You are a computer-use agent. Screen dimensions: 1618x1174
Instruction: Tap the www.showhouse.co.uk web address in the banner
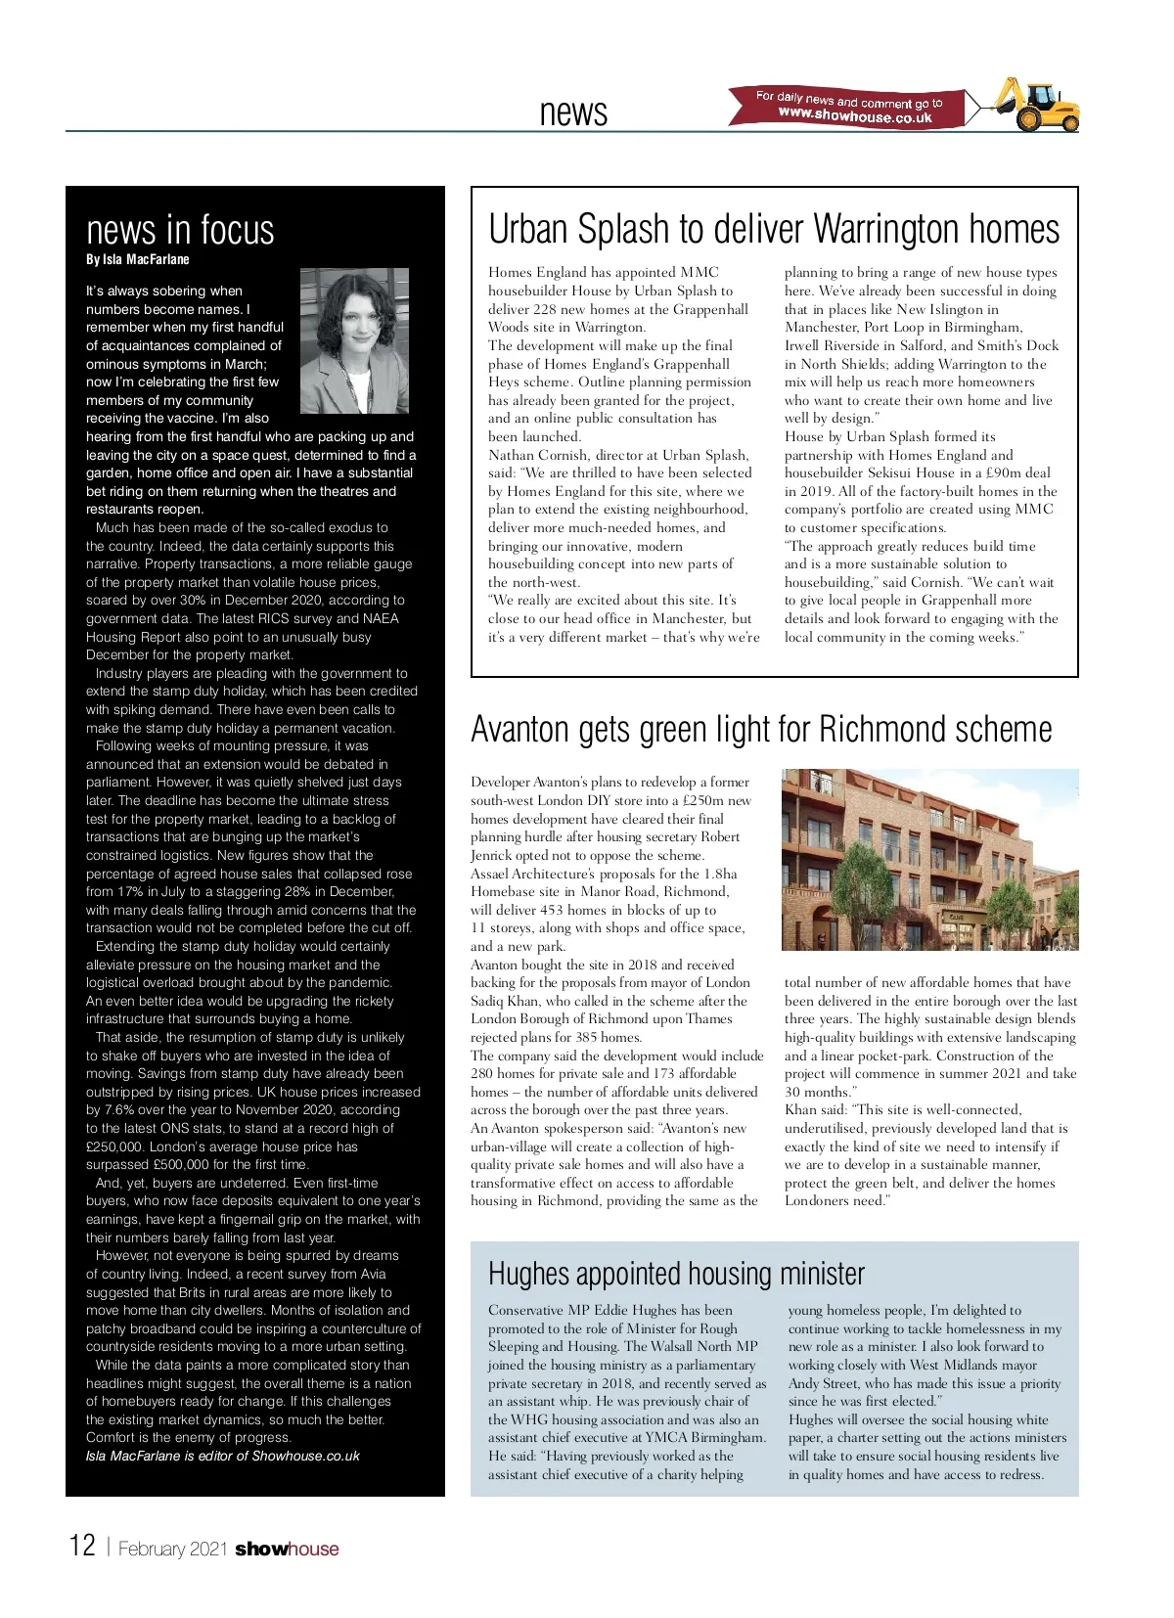[x=855, y=115]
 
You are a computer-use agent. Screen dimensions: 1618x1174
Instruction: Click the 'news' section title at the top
[x=573, y=112]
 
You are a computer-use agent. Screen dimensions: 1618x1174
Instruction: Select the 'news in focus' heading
[x=180, y=230]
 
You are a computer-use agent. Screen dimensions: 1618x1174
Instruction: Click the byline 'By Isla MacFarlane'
[x=138, y=259]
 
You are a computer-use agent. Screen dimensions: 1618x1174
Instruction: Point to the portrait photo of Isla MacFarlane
[x=353, y=341]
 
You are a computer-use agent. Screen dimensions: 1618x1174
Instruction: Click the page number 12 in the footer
[x=82, y=1546]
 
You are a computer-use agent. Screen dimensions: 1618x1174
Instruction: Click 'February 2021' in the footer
[x=172, y=1550]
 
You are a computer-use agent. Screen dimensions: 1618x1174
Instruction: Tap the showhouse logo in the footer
[x=287, y=1550]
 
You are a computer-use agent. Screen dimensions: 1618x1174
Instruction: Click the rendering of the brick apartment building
[x=929, y=859]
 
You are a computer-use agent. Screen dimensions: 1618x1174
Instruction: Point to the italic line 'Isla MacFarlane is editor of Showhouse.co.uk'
[x=222, y=1456]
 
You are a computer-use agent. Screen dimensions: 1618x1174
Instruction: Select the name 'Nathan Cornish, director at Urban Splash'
[x=618, y=455]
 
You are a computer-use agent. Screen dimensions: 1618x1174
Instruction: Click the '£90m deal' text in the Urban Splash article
[x=1017, y=473]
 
